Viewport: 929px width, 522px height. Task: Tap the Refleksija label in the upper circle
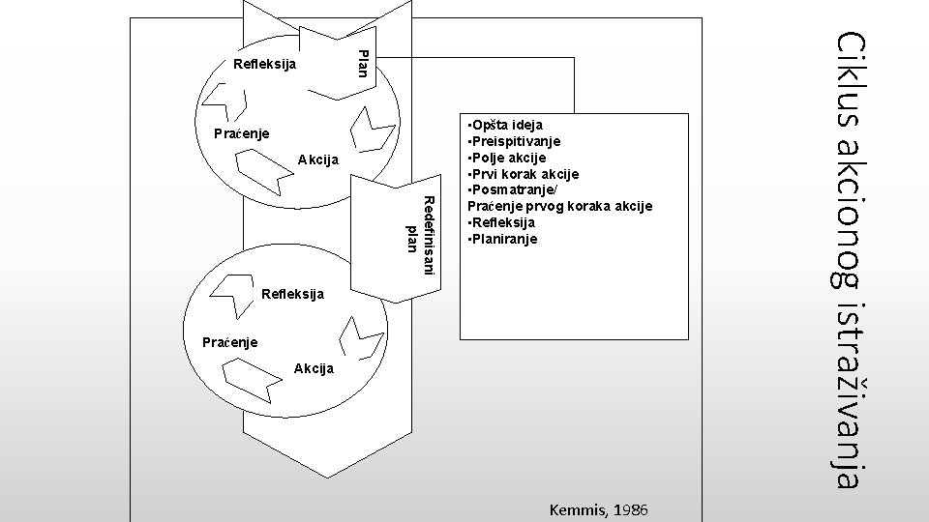coord(264,65)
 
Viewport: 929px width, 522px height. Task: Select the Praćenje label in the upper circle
coord(241,132)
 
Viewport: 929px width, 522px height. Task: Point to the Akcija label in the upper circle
coord(320,159)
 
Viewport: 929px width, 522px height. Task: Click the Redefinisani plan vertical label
coord(422,233)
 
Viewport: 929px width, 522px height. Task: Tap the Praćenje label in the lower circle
coord(229,341)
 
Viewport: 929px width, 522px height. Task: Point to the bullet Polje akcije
coord(506,158)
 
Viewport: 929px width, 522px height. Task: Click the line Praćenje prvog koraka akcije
coord(559,206)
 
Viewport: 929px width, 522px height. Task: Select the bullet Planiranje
coord(501,239)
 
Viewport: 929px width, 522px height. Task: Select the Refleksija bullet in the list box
coord(501,222)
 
